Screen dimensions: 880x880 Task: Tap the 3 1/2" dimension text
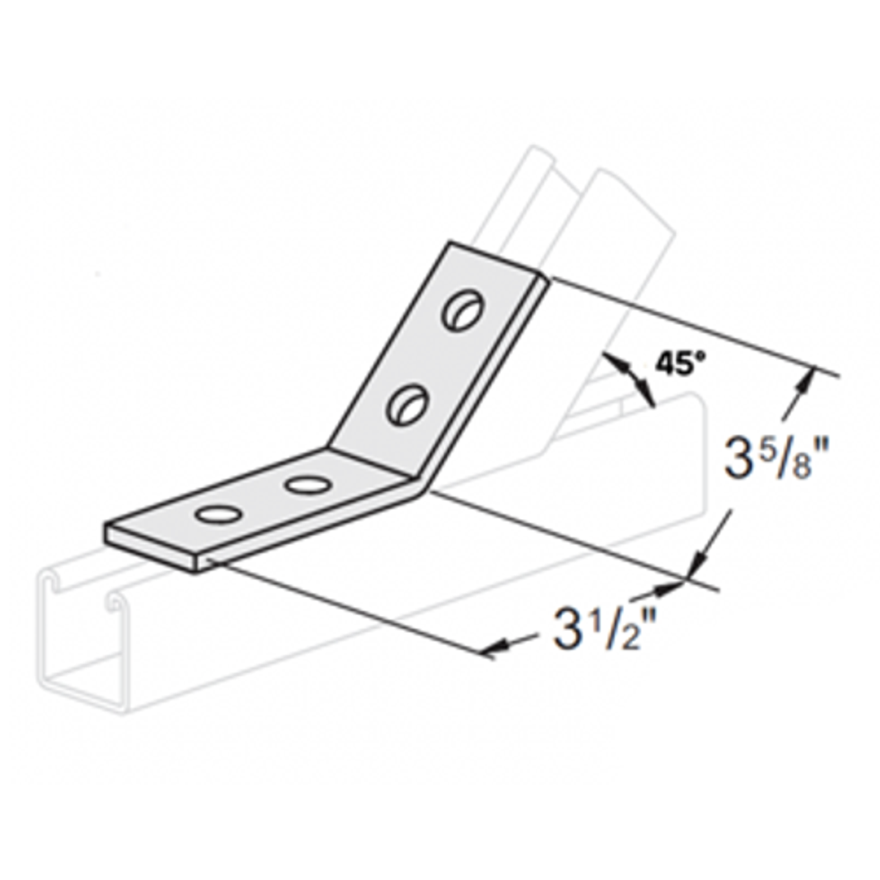click(x=597, y=633)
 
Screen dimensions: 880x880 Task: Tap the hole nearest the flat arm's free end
click(x=217, y=514)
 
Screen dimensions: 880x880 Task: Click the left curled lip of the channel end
click(x=49, y=582)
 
